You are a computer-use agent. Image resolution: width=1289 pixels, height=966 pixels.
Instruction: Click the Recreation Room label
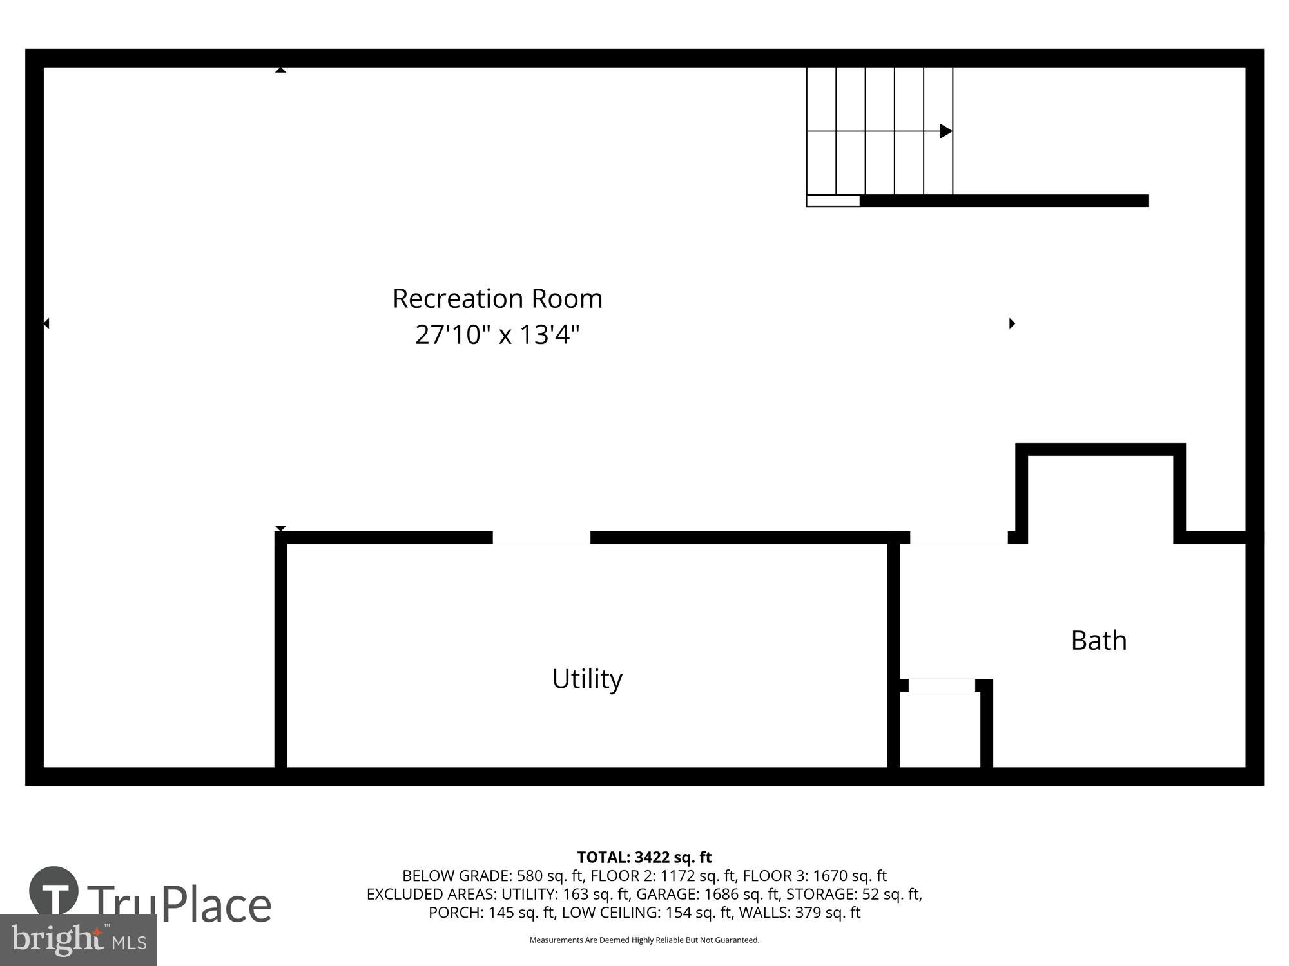[x=497, y=299]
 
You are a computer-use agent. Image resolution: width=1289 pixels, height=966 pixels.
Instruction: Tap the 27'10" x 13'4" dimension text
[x=497, y=335]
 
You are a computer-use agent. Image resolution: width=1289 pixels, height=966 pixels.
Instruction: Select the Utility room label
[x=586, y=679]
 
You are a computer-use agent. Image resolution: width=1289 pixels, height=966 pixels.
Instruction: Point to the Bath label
[x=1098, y=641]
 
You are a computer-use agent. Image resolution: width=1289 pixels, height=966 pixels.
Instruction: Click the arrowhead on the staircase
[x=945, y=131]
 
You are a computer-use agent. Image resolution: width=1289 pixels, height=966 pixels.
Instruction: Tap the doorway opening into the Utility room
[x=541, y=538]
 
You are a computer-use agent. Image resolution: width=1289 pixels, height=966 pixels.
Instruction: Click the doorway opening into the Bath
[x=958, y=538]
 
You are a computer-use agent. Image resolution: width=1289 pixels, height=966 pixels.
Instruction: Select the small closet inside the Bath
[x=940, y=730]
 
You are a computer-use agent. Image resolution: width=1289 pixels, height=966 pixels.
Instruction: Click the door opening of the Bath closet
[x=941, y=685]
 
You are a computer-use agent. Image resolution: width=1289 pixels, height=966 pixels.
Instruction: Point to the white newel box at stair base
[x=833, y=201]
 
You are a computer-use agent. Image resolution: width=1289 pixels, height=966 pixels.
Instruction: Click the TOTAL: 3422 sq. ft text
[x=644, y=857]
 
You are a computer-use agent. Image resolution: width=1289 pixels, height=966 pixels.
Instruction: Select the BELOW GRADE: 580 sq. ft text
[x=492, y=876]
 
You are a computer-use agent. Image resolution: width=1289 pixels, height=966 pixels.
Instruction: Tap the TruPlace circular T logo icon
[x=53, y=892]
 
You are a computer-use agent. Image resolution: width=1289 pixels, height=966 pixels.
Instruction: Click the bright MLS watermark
[x=78, y=940]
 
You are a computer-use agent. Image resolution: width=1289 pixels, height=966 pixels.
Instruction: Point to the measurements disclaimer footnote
[x=644, y=940]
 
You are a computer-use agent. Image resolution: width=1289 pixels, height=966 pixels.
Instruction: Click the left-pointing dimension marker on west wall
[x=46, y=323]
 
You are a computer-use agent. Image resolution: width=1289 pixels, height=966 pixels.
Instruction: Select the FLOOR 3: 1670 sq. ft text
[x=815, y=876]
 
